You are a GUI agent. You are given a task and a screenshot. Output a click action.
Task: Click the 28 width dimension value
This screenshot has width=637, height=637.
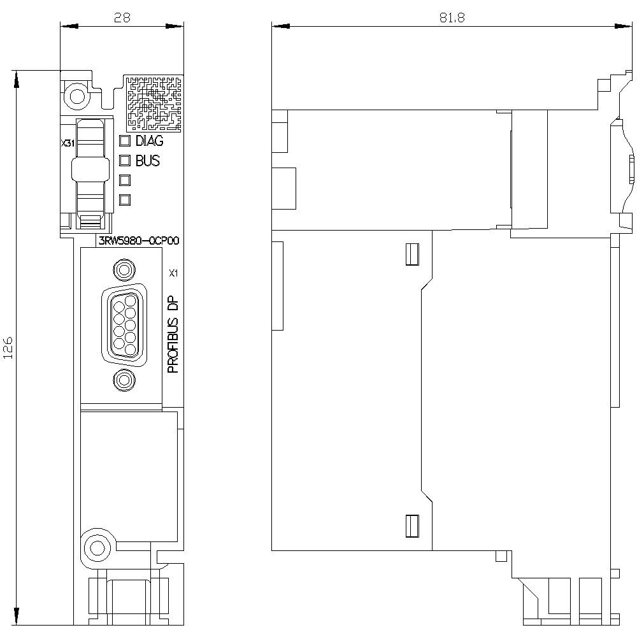click(122, 17)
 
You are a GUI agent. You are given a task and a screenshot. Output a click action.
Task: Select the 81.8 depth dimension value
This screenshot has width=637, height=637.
click(452, 18)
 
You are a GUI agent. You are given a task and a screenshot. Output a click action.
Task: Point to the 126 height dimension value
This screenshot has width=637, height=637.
click(9, 348)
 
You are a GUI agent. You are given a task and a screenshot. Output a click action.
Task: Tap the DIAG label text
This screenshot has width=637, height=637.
click(149, 141)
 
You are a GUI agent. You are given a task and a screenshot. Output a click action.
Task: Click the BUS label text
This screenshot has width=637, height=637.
click(147, 161)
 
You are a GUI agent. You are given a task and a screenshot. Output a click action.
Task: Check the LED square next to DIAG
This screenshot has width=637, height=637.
click(125, 141)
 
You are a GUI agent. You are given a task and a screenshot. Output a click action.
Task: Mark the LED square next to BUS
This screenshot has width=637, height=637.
click(125, 161)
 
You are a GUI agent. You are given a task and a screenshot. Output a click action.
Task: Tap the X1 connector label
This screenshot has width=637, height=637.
click(173, 274)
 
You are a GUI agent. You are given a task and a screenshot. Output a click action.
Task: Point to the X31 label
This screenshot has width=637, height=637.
click(68, 145)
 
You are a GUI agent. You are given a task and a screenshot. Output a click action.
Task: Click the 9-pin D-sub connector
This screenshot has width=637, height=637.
click(123, 324)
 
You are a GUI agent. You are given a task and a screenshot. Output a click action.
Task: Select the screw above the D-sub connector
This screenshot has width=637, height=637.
click(123, 269)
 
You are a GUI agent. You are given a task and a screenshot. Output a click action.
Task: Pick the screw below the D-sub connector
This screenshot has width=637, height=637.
click(123, 381)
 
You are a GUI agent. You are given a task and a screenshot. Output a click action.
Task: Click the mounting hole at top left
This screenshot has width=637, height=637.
click(76, 97)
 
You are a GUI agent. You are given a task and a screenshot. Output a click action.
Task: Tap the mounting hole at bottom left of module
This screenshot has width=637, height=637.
click(97, 547)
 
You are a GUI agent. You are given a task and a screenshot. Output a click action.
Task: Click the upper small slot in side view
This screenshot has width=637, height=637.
click(411, 254)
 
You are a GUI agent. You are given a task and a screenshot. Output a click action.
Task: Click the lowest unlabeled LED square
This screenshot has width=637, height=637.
click(125, 199)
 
